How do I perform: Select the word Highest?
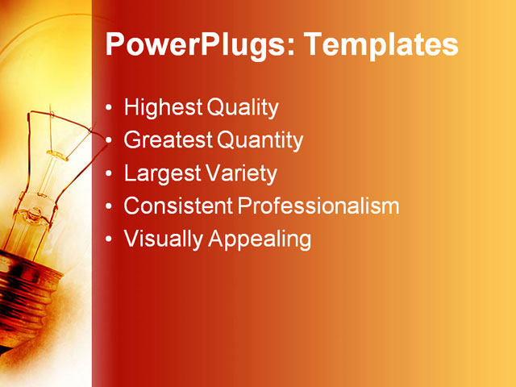163,107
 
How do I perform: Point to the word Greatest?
168,140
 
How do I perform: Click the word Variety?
240,173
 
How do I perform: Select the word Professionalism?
318,206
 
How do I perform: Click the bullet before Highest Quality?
110,108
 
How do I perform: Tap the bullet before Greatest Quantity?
110,141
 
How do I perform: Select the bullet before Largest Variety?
110,174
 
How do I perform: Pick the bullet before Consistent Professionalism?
110,206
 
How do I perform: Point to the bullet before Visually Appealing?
110,239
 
